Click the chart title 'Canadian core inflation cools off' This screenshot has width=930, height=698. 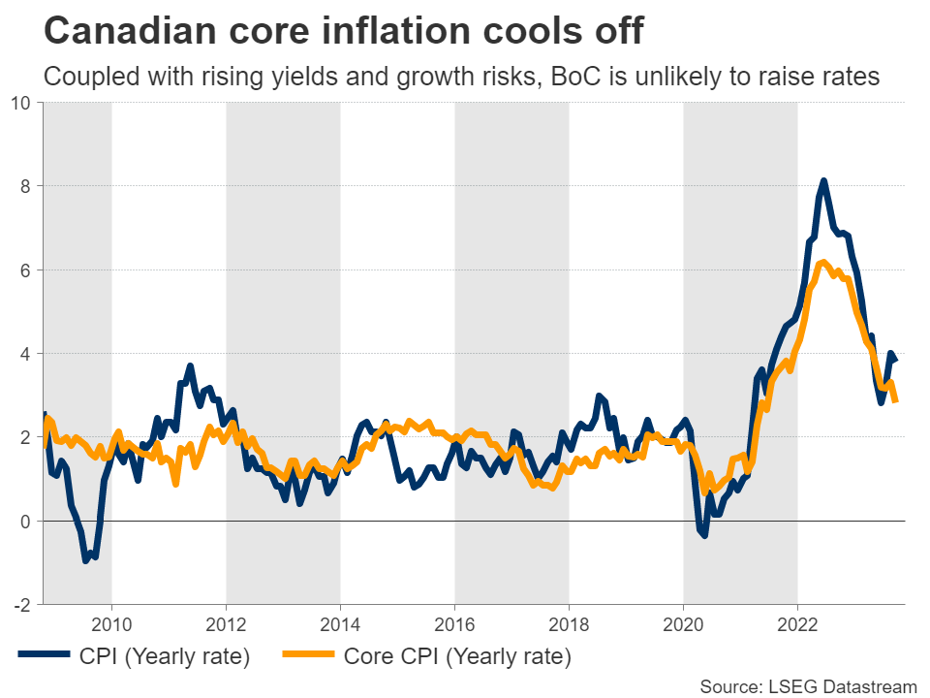[x=344, y=31]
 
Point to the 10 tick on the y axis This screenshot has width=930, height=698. [x=21, y=103]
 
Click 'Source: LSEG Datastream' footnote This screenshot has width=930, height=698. [x=808, y=686]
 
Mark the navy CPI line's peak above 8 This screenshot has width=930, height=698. [x=823, y=181]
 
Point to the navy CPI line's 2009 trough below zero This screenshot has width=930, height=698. [x=86, y=560]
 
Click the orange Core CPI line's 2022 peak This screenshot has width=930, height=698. [x=823, y=262]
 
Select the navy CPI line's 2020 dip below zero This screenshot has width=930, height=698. [x=704, y=534]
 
